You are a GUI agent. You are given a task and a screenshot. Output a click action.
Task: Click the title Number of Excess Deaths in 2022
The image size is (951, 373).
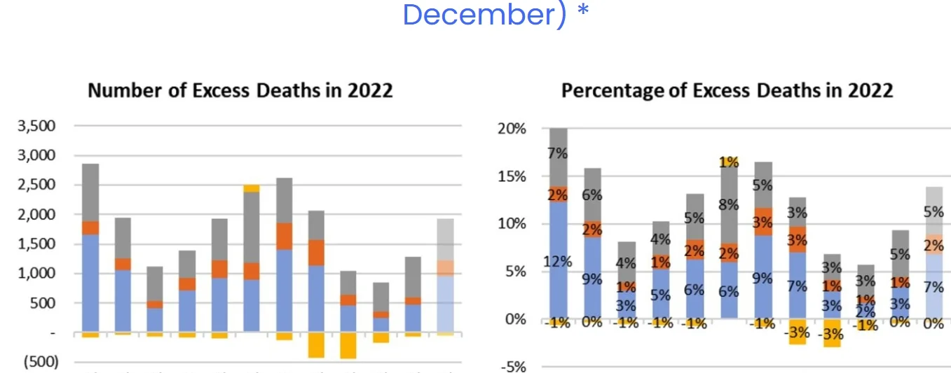(240, 90)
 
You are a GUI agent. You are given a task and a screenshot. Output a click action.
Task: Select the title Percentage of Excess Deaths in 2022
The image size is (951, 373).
(727, 90)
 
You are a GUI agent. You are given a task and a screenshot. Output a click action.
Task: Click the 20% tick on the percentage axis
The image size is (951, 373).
(512, 129)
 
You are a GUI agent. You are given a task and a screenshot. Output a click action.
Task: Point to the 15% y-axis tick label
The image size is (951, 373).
(512, 176)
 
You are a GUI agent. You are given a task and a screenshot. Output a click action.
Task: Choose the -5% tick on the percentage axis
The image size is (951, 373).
(513, 367)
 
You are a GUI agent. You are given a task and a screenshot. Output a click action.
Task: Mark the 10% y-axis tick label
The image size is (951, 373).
(512, 224)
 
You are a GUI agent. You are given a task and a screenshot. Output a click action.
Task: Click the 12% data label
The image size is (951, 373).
(558, 262)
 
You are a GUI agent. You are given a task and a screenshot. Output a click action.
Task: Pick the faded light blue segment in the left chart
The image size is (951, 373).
(445, 303)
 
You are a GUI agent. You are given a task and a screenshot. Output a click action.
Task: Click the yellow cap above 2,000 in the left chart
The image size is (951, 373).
(252, 188)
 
